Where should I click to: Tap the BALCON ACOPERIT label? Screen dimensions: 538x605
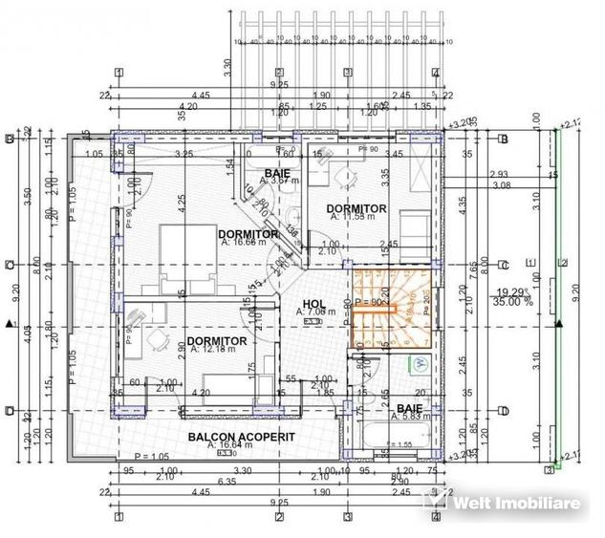coord(227,436)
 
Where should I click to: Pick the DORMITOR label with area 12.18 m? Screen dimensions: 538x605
coord(217,341)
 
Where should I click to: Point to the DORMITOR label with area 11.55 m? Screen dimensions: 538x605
coord(356,209)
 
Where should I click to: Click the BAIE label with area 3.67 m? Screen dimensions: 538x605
coord(282,172)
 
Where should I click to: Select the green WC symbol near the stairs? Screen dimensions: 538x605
coord(420,362)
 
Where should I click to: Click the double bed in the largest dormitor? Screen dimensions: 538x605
coord(176,258)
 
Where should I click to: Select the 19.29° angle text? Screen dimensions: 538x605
coord(513,291)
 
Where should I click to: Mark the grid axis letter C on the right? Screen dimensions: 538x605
coord(504,265)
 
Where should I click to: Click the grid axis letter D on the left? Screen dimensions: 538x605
coord(9,412)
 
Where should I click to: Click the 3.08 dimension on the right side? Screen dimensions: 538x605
coord(498,185)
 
